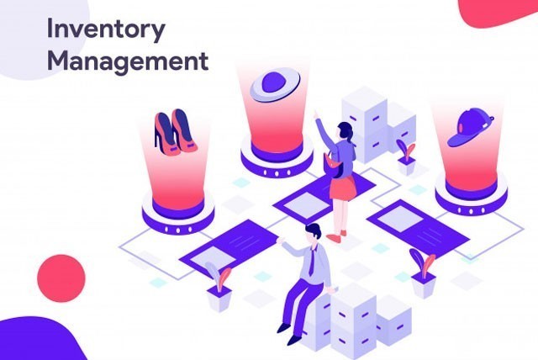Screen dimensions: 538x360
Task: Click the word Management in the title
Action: (128, 61)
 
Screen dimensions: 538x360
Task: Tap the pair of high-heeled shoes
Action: (176, 132)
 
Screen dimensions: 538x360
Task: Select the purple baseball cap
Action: (470, 127)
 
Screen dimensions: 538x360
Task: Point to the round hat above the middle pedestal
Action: (275, 84)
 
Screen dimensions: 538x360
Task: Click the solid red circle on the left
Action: (61, 278)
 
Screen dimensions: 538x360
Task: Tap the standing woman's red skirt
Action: (342, 188)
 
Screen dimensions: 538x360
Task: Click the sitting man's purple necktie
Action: (312, 262)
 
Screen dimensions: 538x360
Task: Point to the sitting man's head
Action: (313, 233)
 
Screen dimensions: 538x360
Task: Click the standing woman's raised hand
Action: (315, 114)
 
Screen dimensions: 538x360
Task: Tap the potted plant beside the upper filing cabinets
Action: (407, 156)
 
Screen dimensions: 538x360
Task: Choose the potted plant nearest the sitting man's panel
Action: (219, 287)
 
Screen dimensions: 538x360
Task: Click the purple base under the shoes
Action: (178, 216)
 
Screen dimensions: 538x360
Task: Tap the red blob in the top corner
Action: (498, 12)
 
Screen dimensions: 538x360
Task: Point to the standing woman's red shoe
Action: (333, 238)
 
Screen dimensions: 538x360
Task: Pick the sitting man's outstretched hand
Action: (281, 240)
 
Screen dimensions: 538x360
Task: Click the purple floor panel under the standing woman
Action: (324, 199)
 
